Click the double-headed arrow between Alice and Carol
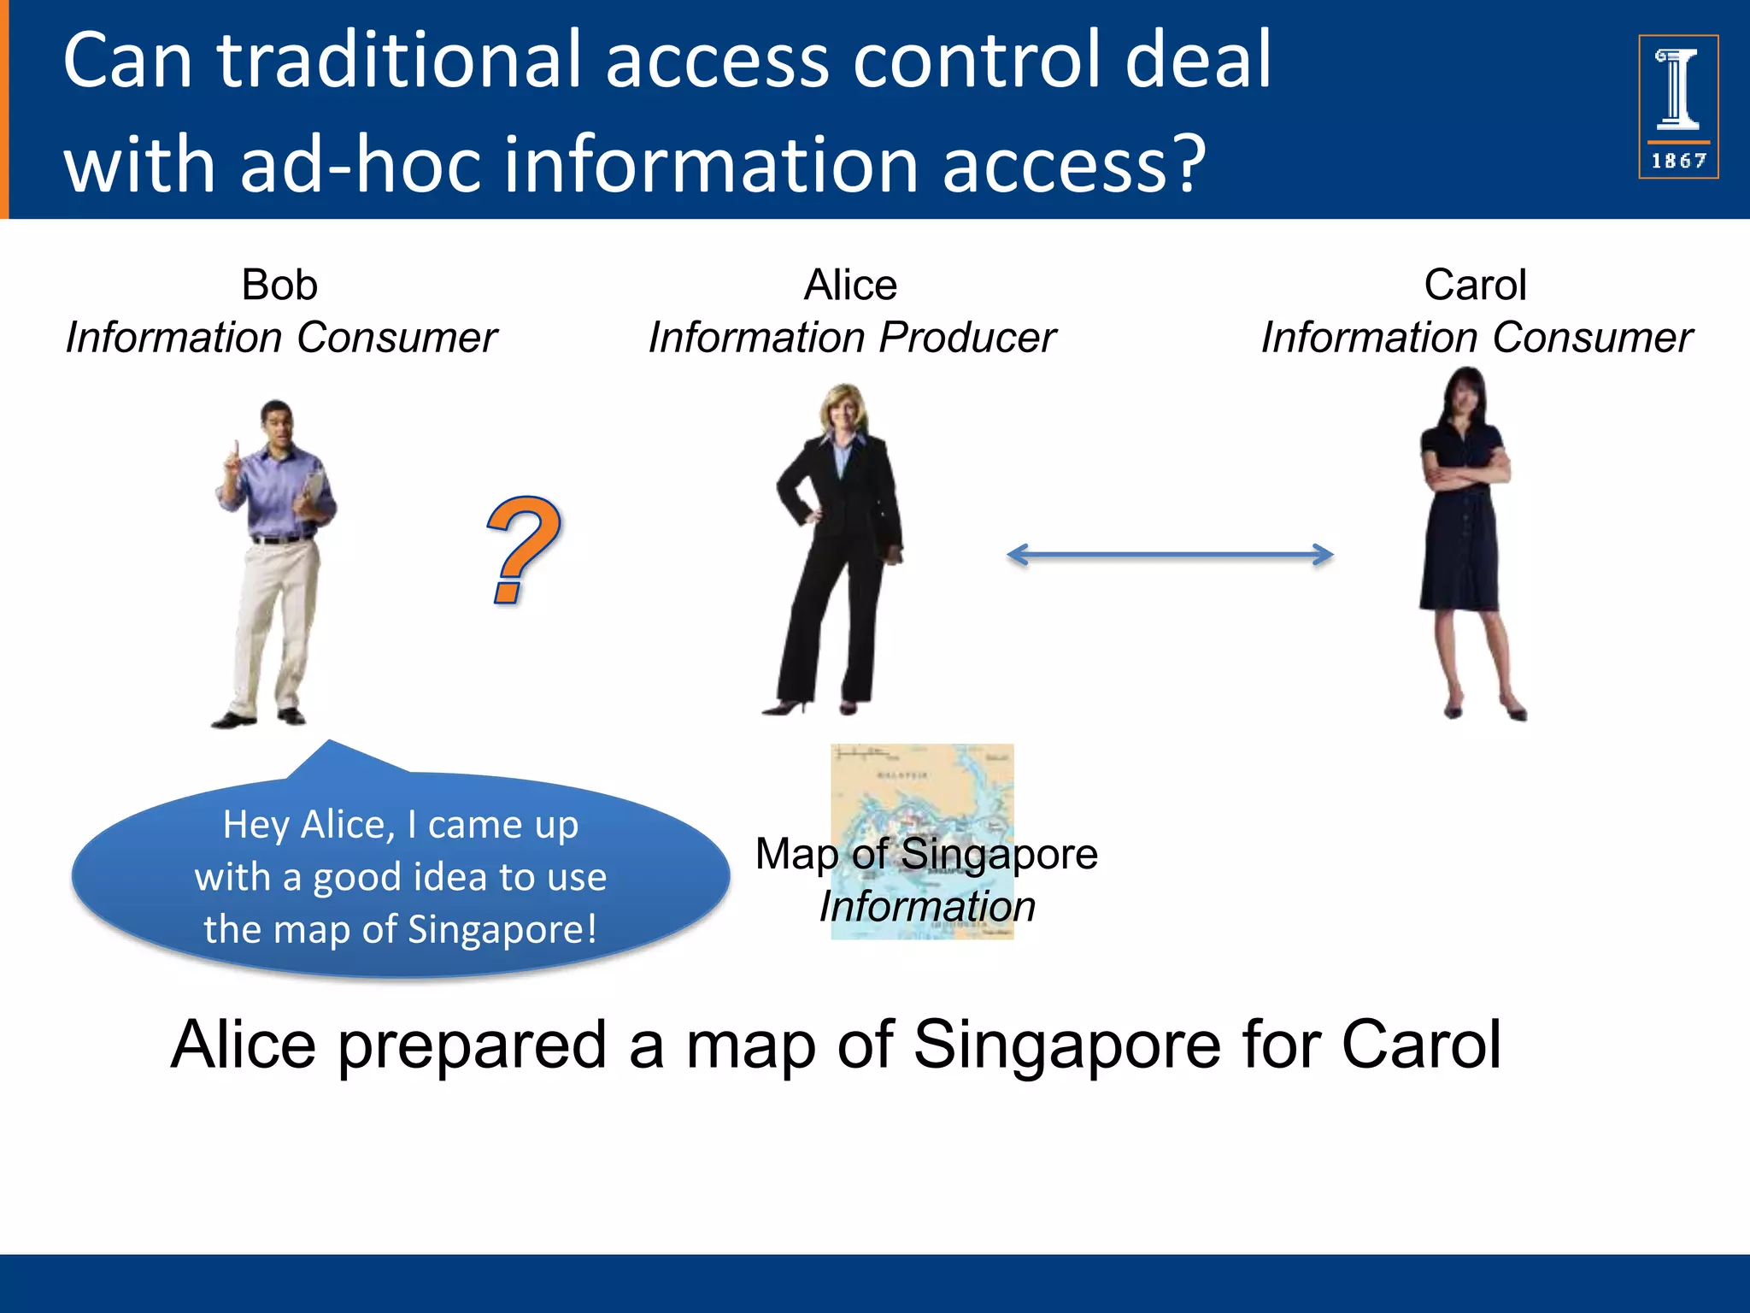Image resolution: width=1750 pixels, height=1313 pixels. click(1170, 555)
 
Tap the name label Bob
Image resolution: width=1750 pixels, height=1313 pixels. click(279, 285)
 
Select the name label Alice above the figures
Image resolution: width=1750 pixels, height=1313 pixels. click(850, 285)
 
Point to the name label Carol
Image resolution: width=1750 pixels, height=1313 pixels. click(1475, 285)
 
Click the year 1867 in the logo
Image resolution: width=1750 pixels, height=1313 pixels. click(1678, 161)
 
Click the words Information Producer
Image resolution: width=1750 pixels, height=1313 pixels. click(852, 338)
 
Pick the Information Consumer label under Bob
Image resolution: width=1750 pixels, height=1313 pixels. click(281, 338)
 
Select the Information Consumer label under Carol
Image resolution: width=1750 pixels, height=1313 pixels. click(1477, 338)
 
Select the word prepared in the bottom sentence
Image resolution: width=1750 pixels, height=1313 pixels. click(472, 1045)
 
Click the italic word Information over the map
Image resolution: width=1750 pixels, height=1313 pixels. click(927, 906)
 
